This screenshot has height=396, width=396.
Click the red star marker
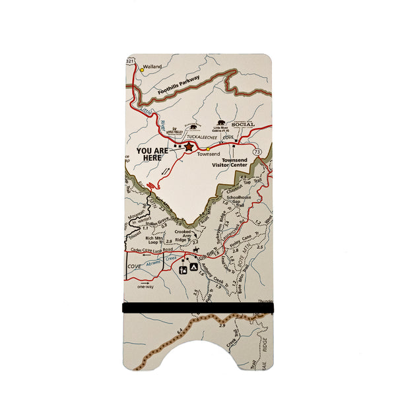point(190,147)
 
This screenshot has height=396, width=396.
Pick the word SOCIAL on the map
point(242,123)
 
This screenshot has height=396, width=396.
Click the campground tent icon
point(194,267)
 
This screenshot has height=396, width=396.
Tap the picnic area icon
point(183,269)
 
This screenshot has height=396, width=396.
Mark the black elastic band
point(197,308)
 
